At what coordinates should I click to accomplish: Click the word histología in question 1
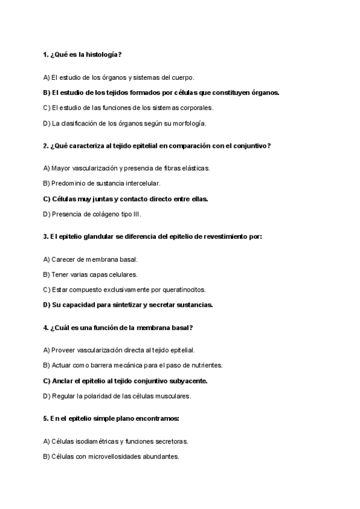coord(103,55)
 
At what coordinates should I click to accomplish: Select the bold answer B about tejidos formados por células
coord(161,92)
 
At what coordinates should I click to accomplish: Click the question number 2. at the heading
coord(46,146)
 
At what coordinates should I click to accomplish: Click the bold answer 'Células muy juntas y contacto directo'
coord(125,199)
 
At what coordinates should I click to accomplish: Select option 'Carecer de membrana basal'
coord(91,259)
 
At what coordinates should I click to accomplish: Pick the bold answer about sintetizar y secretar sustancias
coord(128,304)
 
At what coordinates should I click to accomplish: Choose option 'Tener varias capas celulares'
coord(91,274)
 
